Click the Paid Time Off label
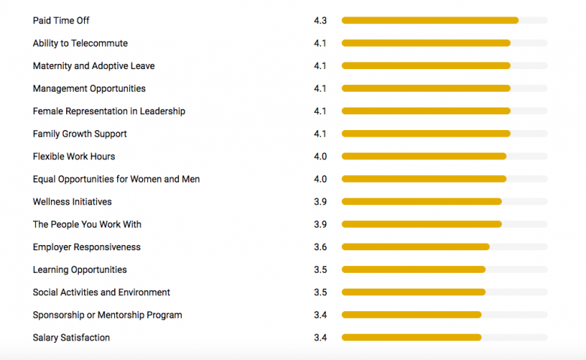click(x=61, y=20)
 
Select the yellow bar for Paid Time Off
click(x=430, y=20)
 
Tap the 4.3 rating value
click(x=320, y=20)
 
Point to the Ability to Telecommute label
click(x=80, y=44)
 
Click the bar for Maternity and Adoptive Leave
click(x=426, y=66)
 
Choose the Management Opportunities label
click(x=89, y=89)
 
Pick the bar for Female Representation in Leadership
click(x=426, y=111)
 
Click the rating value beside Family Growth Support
click(x=320, y=134)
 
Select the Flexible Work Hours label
click(x=74, y=156)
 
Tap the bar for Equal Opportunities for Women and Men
click(x=424, y=179)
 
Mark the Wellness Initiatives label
click(x=72, y=201)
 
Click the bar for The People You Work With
click(x=421, y=224)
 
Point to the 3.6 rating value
click(x=320, y=247)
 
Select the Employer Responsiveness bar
click(x=415, y=247)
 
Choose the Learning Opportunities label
click(x=80, y=270)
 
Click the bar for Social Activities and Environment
click(x=413, y=292)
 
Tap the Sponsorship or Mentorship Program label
click(x=107, y=315)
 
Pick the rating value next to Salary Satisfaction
click(x=320, y=337)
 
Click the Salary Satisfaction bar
click(x=411, y=337)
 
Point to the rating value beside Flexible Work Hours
click(x=320, y=156)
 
